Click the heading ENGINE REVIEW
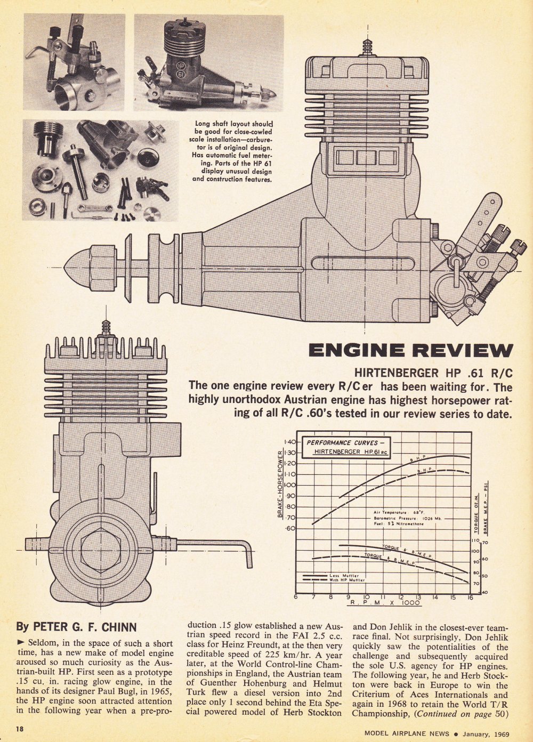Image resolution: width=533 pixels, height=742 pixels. click(x=410, y=350)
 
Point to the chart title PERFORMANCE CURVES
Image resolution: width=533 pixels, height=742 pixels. click(x=345, y=442)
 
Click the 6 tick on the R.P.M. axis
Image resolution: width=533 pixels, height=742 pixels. click(x=296, y=597)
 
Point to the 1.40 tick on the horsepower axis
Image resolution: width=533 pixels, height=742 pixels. click(x=290, y=442)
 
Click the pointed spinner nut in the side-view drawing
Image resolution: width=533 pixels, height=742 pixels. click(x=77, y=265)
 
